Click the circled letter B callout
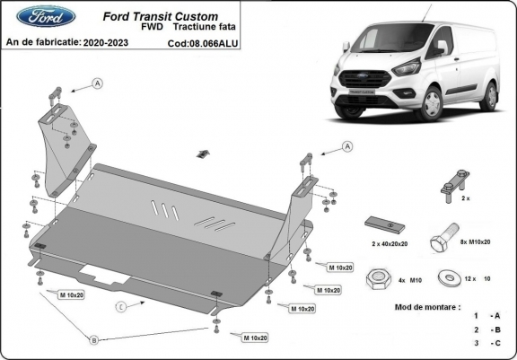[x=92, y=338]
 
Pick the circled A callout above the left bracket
[x=96, y=83]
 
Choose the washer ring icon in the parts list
[x=446, y=279]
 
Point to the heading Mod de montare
[x=427, y=306]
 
